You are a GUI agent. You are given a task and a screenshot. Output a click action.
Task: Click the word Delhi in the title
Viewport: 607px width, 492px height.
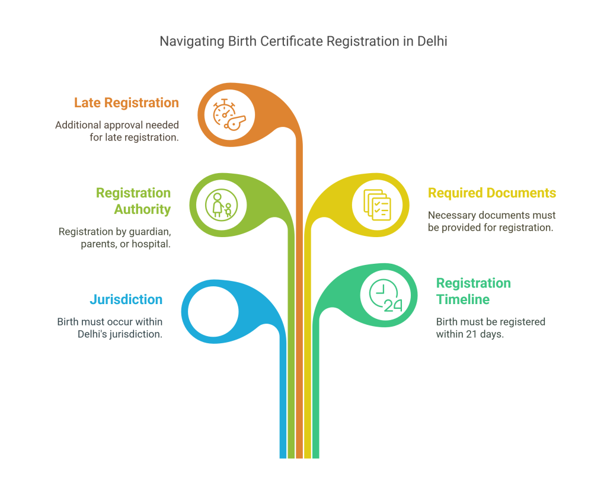(x=432, y=42)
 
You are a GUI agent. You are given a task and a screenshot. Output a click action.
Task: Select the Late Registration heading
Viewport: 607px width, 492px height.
(x=126, y=103)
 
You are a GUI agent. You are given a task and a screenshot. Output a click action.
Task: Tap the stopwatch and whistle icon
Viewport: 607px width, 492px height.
(x=229, y=113)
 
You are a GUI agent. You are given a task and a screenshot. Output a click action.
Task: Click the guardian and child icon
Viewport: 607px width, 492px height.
(x=221, y=205)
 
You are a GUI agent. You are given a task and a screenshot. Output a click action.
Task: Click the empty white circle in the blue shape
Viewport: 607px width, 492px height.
(x=213, y=310)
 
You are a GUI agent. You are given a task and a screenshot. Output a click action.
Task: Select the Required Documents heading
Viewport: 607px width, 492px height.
(x=492, y=193)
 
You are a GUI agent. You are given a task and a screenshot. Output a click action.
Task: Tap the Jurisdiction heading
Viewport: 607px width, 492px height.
(x=126, y=299)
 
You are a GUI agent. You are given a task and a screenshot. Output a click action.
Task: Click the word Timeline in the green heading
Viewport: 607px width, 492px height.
(x=463, y=299)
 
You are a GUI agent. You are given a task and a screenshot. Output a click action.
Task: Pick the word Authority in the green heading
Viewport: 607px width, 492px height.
(x=142, y=209)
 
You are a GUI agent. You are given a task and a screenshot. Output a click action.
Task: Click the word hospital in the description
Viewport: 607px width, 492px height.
(x=153, y=244)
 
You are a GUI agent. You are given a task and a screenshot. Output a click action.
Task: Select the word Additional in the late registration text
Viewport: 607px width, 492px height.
(x=78, y=125)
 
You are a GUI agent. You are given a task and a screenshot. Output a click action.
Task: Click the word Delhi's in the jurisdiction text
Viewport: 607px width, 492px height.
(x=93, y=334)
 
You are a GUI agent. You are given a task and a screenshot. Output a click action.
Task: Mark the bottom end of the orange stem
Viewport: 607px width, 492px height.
(x=299, y=457)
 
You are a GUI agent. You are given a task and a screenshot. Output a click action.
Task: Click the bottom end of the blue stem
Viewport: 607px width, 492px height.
(x=283, y=457)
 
